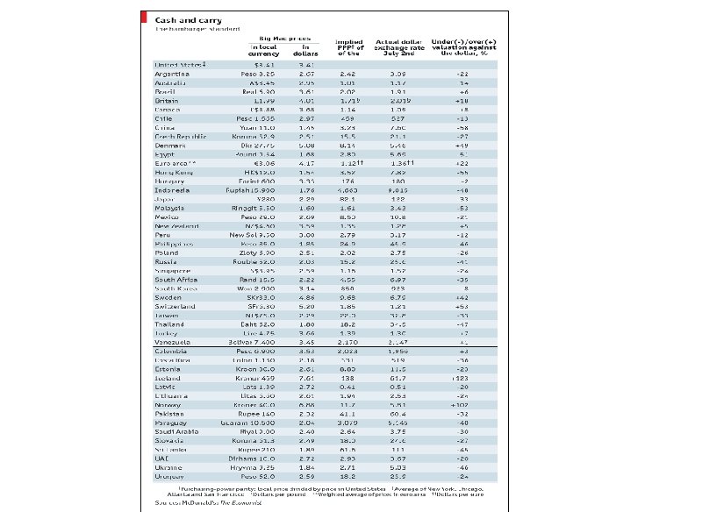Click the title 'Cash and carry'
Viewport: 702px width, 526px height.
pyautogui.click(x=189, y=19)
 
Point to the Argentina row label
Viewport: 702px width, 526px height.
pyautogui.click(x=173, y=75)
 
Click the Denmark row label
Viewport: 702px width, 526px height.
pyautogui.click(x=170, y=146)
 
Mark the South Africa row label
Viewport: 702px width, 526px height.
pyautogui.click(x=175, y=280)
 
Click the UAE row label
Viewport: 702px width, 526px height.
pyautogui.click(x=162, y=458)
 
